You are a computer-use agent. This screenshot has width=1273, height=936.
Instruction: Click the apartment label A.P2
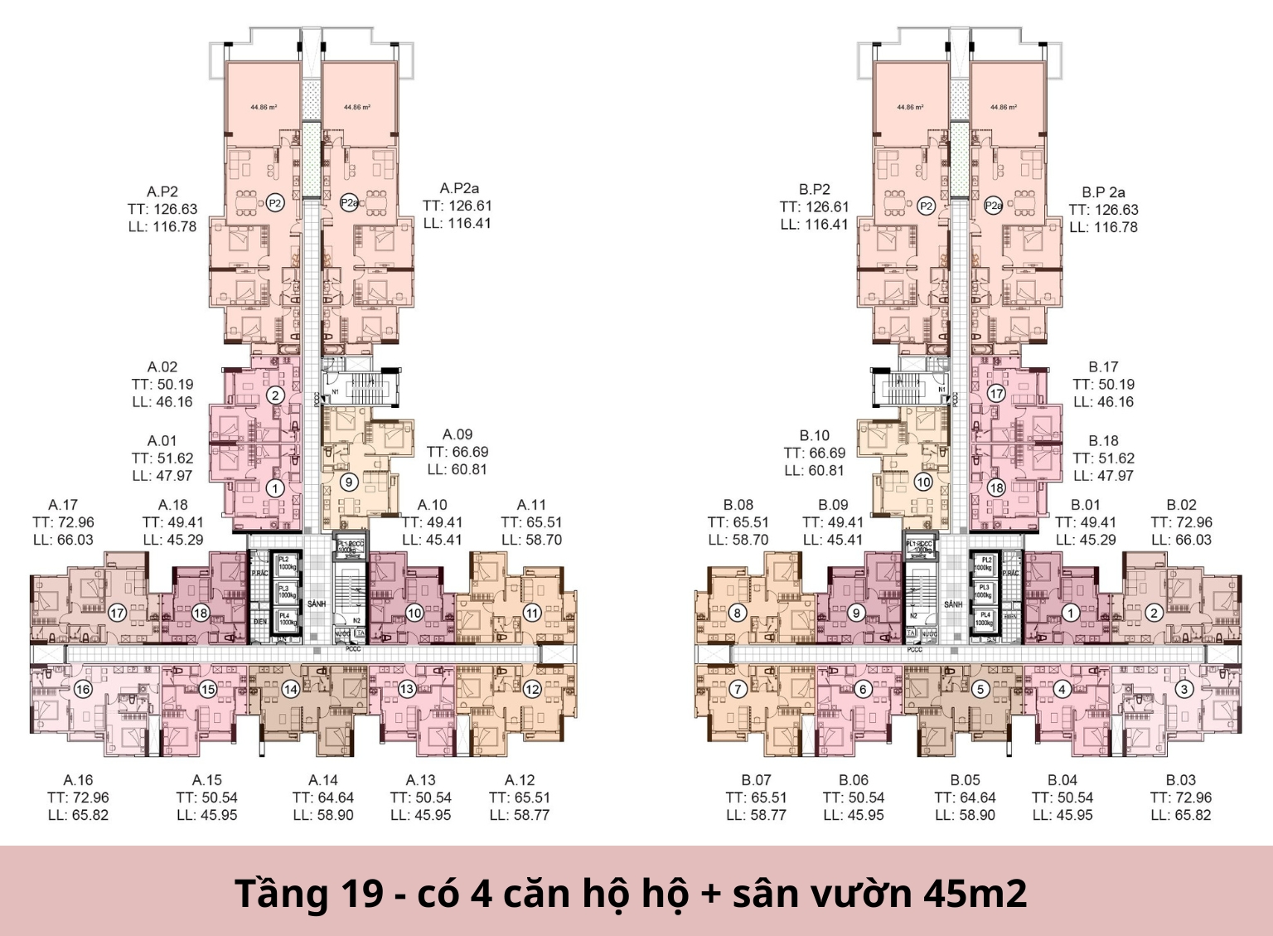[162, 192]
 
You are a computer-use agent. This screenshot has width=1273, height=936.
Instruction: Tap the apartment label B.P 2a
[1103, 192]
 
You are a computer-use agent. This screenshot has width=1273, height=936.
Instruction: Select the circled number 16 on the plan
[83, 689]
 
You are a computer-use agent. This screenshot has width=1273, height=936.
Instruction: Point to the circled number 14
[290, 689]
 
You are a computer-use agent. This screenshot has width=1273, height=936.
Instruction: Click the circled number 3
[1184, 689]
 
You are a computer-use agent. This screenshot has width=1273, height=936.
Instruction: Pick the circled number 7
[738, 689]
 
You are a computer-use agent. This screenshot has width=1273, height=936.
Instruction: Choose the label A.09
[457, 434]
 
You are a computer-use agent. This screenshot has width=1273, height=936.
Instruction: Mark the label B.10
[815, 435]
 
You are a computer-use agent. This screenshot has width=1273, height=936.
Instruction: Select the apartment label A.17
[63, 505]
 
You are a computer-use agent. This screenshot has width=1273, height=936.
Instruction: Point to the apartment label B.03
[1181, 780]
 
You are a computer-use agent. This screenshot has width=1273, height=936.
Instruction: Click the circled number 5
[980, 689]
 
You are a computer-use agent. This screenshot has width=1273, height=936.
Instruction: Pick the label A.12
[520, 780]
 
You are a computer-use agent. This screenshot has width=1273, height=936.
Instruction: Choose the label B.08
[738, 505]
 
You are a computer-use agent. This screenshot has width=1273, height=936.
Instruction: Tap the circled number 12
[532, 689]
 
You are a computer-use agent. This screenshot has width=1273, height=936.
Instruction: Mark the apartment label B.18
[1103, 441]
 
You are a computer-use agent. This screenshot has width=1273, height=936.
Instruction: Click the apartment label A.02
[162, 367]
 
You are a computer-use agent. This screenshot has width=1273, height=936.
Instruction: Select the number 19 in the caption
[362, 894]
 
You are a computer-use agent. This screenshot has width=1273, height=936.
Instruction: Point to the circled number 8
[738, 613]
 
